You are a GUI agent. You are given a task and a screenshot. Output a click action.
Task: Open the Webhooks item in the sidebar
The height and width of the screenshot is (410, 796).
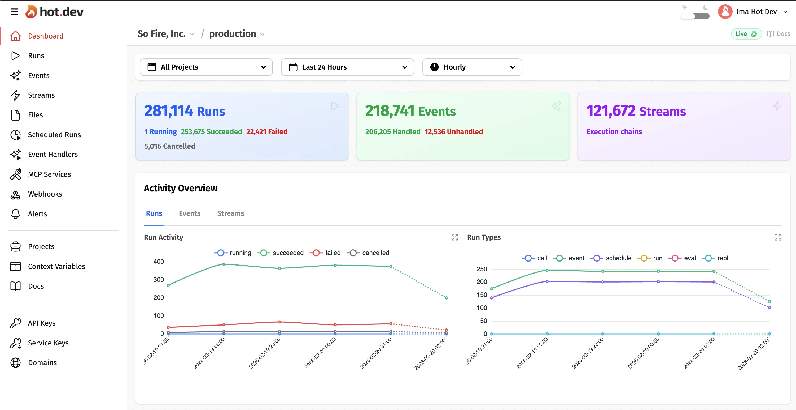coord(45,194)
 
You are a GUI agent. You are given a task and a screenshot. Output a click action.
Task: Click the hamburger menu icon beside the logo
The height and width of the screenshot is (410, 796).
coord(14,12)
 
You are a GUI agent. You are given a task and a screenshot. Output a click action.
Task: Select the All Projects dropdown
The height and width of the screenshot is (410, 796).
coord(206,67)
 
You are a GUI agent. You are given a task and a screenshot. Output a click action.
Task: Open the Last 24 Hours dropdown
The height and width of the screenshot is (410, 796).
coord(347,67)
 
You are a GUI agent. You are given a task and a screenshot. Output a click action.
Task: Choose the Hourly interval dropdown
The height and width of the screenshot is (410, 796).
coord(472,67)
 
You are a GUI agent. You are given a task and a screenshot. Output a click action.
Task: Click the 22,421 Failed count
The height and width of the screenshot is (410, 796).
coord(267,131)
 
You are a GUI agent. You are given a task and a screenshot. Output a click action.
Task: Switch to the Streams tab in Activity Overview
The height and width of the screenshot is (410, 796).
coord(230,213)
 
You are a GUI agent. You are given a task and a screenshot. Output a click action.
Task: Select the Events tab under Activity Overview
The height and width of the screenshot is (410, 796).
coord(189,213)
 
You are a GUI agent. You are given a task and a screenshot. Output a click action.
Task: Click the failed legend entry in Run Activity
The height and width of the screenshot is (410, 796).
coord(326,253)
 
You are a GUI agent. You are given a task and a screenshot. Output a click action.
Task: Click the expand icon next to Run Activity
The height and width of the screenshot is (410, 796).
coord(454,237)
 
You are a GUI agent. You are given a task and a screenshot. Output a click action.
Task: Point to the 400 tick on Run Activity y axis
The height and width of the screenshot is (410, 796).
coord(159,262)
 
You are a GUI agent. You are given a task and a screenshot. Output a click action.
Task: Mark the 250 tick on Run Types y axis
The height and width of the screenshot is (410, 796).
coord(482,269)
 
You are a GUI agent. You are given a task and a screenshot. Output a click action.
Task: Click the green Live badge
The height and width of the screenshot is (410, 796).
coord(746,34)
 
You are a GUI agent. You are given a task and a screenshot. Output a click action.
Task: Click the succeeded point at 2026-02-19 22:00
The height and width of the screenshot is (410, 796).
coord(224,264)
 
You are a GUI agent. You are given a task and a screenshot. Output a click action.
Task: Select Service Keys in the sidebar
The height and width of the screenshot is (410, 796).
coord(48,343)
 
